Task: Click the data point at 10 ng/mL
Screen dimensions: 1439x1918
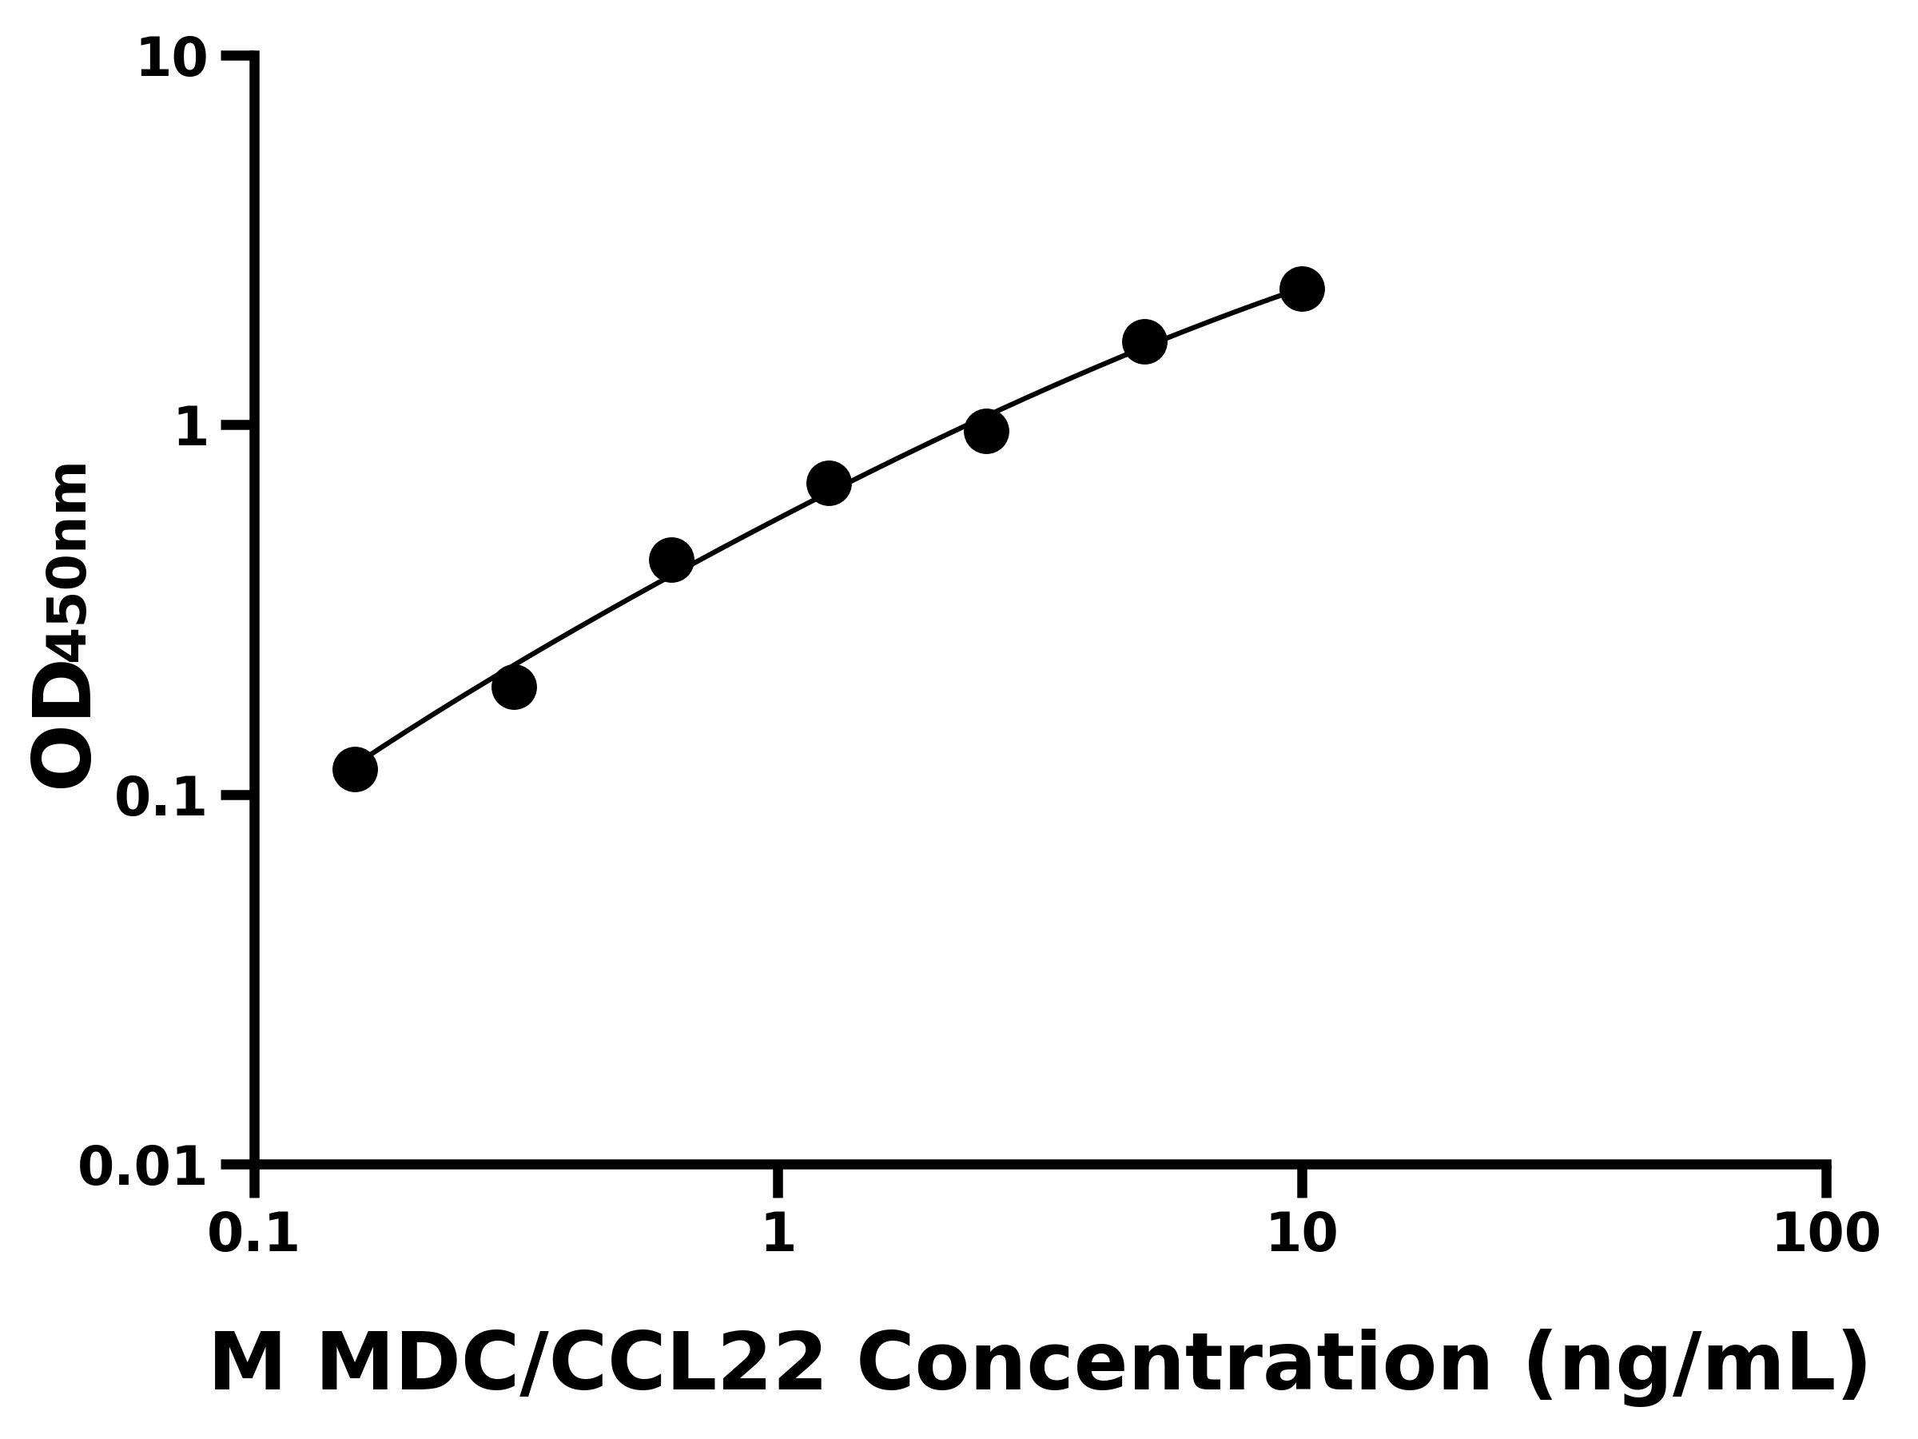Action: [1302, 289]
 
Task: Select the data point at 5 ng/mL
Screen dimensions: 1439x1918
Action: [1144, 341]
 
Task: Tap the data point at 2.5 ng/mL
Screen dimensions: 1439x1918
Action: [986, 431]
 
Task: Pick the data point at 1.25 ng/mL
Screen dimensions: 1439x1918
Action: [829, 483]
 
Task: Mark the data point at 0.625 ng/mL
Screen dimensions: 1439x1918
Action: [671, 560]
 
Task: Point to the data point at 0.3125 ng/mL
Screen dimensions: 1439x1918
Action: [513, 688]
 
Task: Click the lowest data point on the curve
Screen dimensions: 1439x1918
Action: [356, 769]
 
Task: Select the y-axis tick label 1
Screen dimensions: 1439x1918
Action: [192, 429]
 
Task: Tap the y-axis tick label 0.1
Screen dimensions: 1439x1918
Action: [161, 798]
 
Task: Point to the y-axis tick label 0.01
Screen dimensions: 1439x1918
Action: [143, 1167]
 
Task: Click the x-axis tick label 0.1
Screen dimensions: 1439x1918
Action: [253, 1234]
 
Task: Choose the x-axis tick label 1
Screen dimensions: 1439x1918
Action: [778, 1234]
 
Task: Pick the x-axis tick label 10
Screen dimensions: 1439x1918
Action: [1302, 1234]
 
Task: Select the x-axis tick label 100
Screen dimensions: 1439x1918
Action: [1826, 1234]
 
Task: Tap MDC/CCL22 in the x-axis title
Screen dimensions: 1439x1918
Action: [571, 1365]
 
